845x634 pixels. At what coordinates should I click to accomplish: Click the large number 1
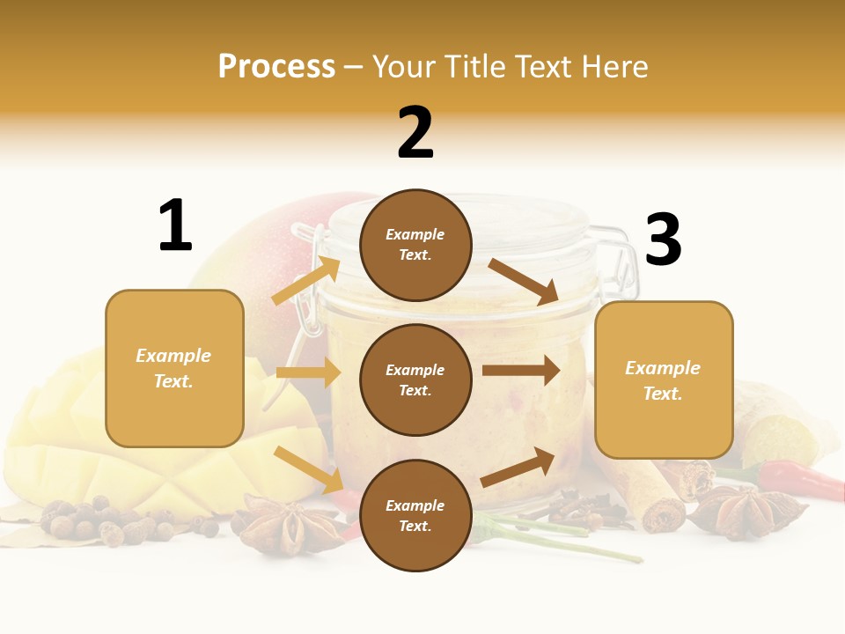(x=175, y=225)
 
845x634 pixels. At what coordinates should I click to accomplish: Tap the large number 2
(x=415, y=132)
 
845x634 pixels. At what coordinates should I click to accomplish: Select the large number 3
(x=663, y=240)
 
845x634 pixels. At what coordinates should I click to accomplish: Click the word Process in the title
(x=276, y=66)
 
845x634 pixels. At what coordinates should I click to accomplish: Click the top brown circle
(x=415, y=245)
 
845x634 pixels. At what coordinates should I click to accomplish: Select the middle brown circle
(x=415, y=380)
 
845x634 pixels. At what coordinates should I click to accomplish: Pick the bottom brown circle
(x=415, y=515)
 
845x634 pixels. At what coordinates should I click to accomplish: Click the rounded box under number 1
(x=174, y=368)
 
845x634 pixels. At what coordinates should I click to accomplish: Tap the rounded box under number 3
(x=664, y=380)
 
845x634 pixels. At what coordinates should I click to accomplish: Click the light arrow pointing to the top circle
(x=306, y=280)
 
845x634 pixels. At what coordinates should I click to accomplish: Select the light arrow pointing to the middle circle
(x=308, y=372)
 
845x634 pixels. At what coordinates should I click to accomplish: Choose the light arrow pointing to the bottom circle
(x=309, y=469)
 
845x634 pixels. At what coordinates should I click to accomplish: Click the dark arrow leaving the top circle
(x=524, y=281)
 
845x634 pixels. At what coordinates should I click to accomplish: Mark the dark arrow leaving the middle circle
(x=520, y=371)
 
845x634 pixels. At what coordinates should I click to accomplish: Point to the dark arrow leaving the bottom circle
(x=518, y=466)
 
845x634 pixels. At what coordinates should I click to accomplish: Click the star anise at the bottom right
(x=745, y=512)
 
